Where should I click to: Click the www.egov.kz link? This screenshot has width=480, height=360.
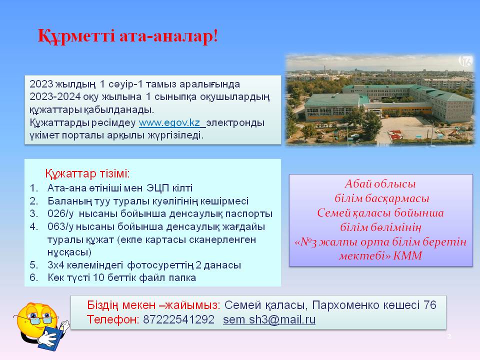(169, 123)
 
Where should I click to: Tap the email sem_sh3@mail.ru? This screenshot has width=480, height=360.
(269, 319)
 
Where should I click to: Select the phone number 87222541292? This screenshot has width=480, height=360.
(178, 319)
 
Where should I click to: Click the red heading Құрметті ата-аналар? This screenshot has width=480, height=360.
(128, 36)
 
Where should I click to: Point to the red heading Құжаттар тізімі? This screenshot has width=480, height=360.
(87, 173)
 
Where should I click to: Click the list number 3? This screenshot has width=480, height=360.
(33, 213)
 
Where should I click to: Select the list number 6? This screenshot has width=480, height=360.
(33, 277)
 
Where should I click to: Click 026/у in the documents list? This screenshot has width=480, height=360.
(60, 213)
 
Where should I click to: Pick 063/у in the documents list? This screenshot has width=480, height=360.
(60, 227)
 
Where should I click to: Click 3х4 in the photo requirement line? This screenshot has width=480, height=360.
(55, 265)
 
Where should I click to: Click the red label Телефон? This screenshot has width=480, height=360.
(113, 319)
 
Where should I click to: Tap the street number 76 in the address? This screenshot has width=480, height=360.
(430, 305)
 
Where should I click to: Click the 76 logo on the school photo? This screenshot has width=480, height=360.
(465, 61)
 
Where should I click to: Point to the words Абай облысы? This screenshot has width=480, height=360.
(380, 184)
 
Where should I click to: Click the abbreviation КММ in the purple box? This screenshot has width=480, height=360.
(407, 255)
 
